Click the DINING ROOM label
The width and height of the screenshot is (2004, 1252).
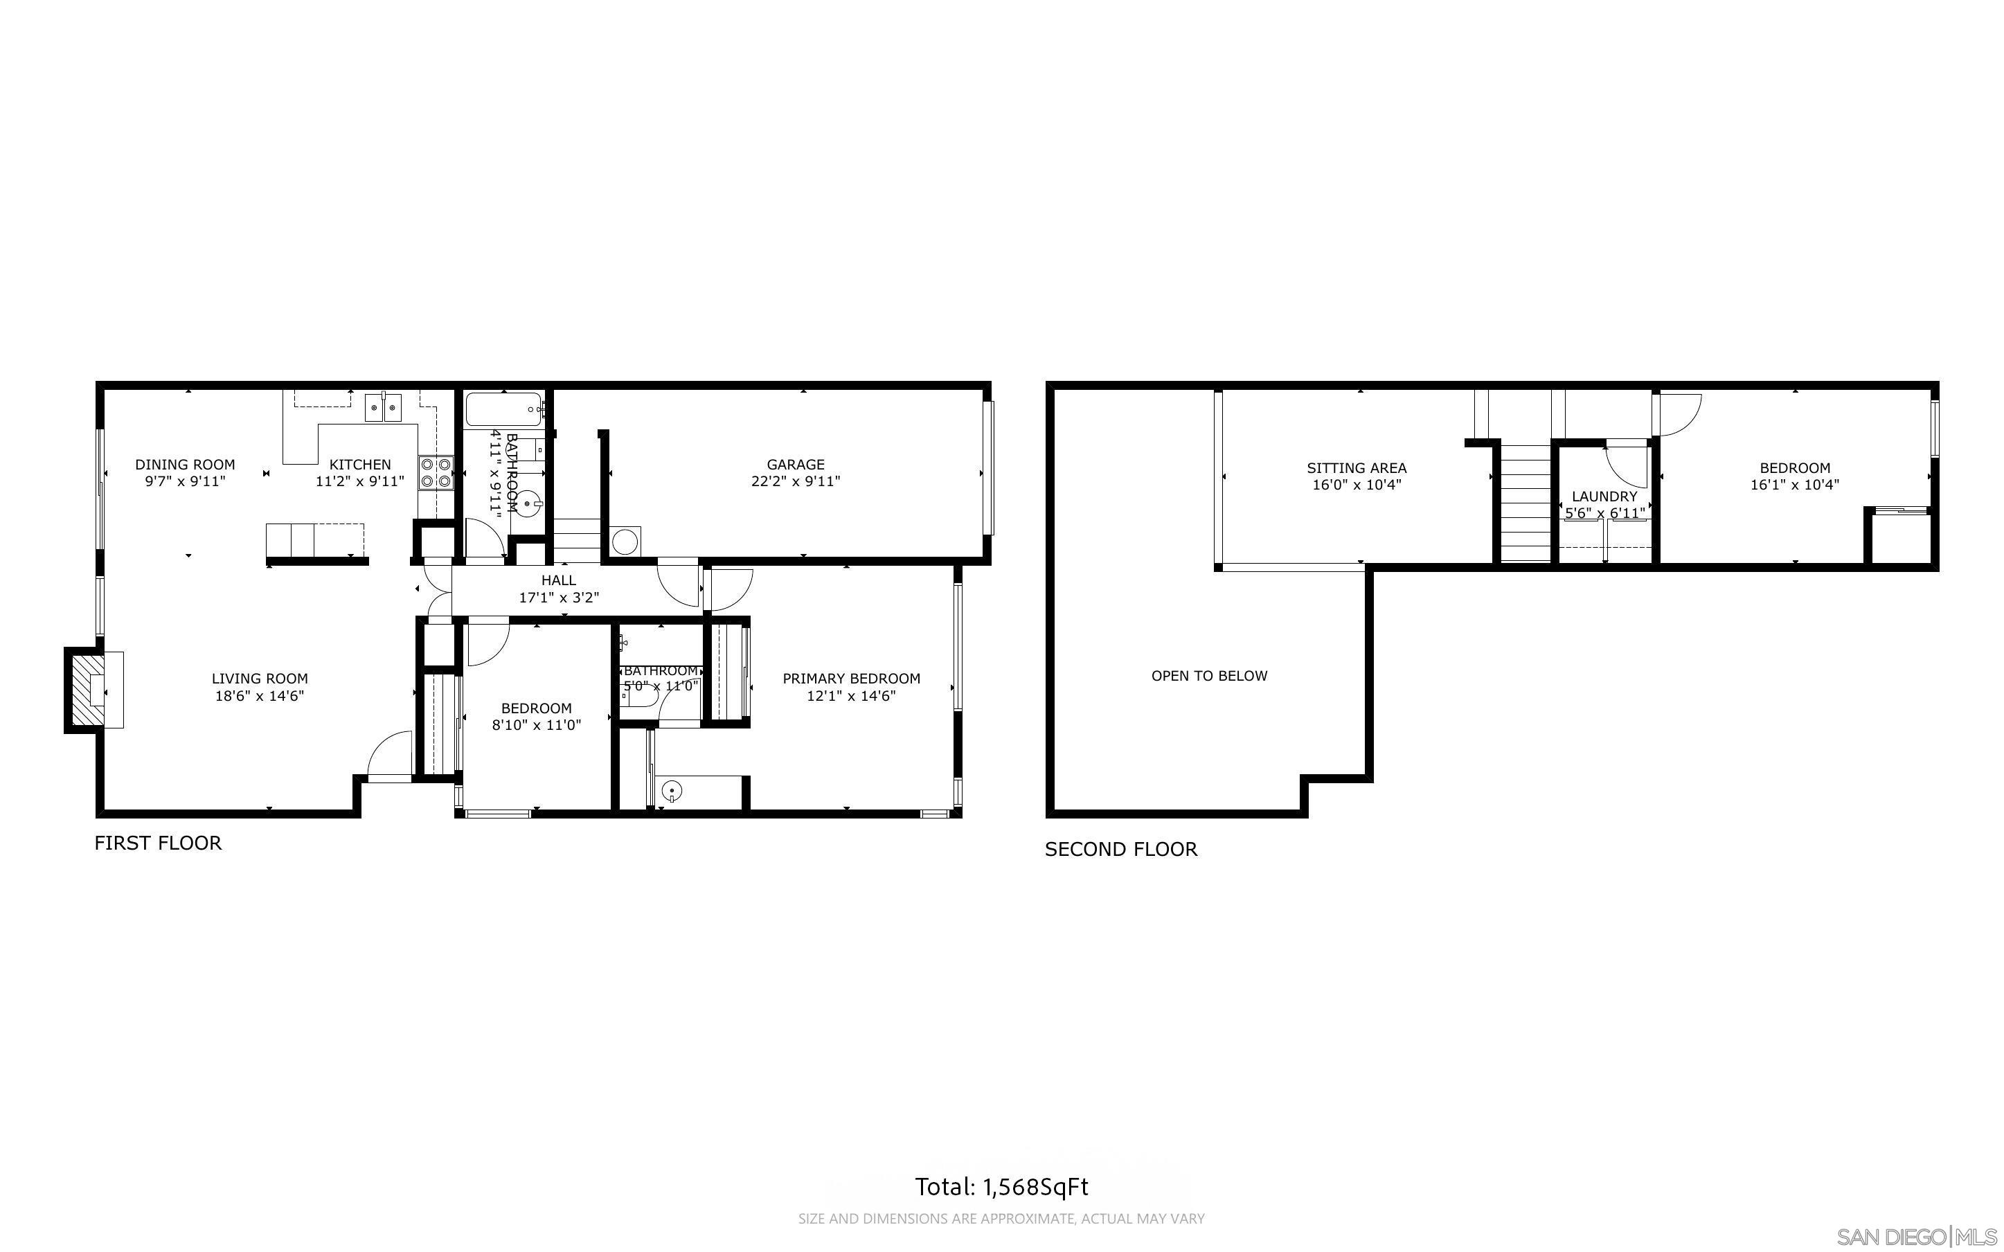[x=185, y=465]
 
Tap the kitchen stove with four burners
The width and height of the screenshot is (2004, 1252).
[x=436, y=473]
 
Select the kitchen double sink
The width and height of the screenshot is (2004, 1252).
[x=382, y=407]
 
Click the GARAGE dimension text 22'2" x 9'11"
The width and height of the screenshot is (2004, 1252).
[x=796, y=481]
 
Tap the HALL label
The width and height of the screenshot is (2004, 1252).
[x=559, y=580]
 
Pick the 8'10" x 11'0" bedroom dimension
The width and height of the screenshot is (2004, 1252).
[x=537, y=725]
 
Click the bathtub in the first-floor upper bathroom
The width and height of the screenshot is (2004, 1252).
[x=503, y=409]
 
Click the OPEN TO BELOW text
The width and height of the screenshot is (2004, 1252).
[x=1208, y=676]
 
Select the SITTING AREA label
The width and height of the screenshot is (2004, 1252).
[x=1356, y=468]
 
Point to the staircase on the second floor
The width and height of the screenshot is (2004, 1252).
[x=1525, y=503]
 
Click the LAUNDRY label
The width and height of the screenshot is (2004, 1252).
[x=1604, y=496]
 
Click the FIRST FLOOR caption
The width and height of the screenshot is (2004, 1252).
[x=158, y=843]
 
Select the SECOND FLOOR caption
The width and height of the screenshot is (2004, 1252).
[x=1121, y=850]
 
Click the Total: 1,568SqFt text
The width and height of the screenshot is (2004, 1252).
[x=1001, y=1188]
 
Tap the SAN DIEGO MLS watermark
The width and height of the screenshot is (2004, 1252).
[x=1917, y=1237]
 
